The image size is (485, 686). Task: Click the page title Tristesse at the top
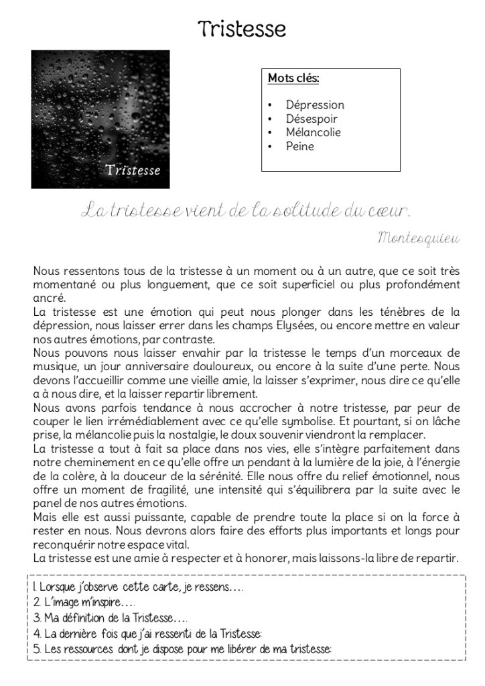(242, 28)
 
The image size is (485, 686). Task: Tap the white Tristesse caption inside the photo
(133, 170)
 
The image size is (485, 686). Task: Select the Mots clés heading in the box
(293, 78)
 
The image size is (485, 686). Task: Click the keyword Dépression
(314, 105)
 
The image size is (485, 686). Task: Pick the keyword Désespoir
(311, 119)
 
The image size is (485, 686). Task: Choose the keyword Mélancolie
(313, 132)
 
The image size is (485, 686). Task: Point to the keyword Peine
(299, 146)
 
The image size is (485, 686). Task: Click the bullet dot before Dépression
(269, 105)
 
